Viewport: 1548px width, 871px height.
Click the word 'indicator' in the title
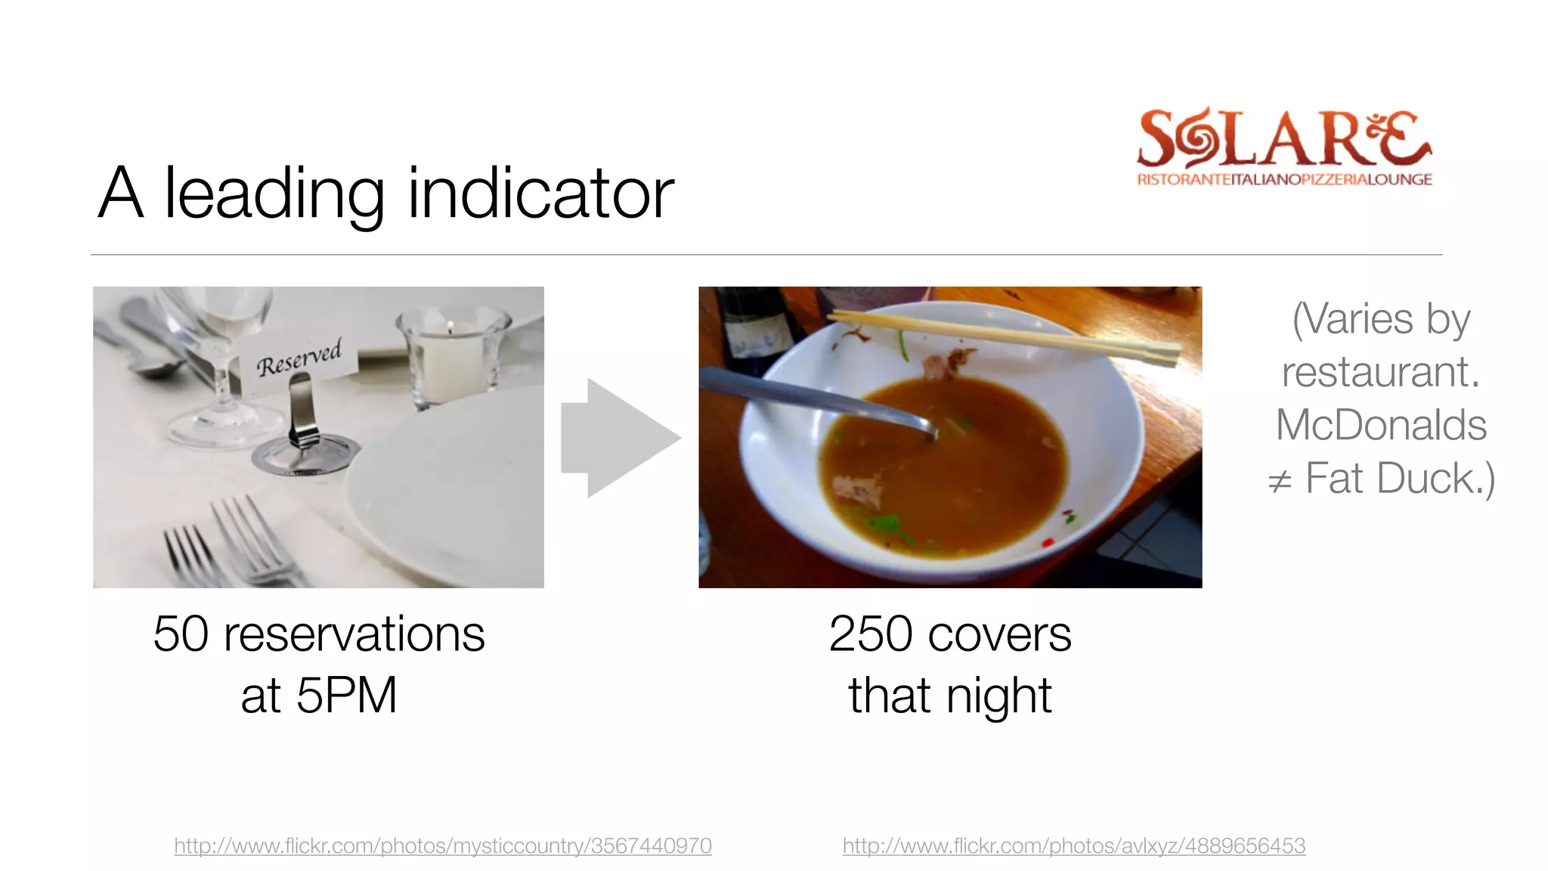[540, 194]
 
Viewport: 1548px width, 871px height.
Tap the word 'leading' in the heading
[274, 195]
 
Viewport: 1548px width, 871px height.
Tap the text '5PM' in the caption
[346, 696]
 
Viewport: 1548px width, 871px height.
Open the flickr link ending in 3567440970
[443, 845]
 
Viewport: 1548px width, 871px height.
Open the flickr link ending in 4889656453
[1074, 845]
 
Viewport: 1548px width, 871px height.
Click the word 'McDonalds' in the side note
[1381, 425]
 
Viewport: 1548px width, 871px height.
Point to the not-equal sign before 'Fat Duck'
[1279, 481]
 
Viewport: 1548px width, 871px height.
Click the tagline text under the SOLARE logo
[1284, 180]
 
